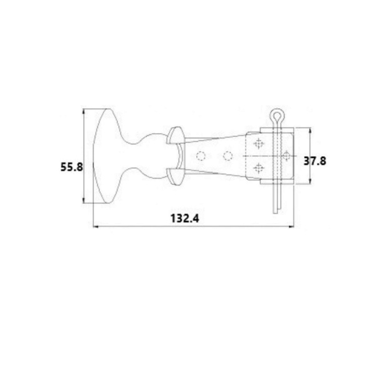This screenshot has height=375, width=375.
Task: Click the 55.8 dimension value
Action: point(71,167)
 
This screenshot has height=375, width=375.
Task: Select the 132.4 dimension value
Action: point(184,218)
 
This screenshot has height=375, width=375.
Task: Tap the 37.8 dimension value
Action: point(315,161)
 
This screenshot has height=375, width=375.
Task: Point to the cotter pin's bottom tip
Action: point(275,213)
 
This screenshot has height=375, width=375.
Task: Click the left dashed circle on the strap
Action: point(201,156)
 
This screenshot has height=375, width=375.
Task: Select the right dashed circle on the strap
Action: point(227,156)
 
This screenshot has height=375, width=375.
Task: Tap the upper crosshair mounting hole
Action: point(259,144)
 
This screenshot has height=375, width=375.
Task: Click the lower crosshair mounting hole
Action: point(259,168)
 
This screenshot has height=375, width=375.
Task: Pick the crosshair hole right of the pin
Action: point(286,156)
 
